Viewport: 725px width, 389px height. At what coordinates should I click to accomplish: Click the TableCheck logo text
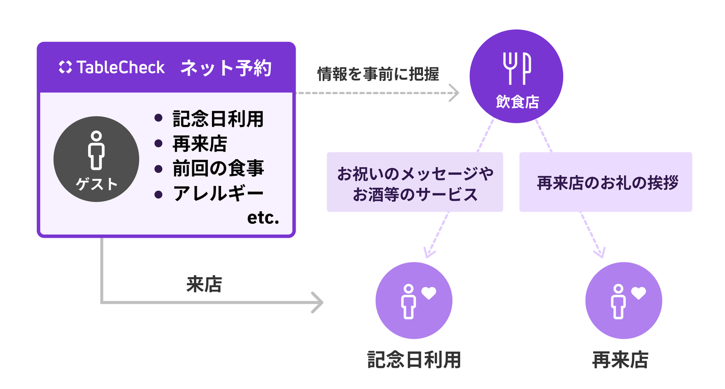point(112,68)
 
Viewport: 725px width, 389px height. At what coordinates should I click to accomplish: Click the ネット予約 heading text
point(226,68)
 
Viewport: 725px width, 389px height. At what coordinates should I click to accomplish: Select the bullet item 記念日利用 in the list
point(217,119)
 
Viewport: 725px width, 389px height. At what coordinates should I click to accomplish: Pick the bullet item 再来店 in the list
point(199,144)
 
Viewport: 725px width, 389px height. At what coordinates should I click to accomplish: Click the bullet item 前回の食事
point(217,168)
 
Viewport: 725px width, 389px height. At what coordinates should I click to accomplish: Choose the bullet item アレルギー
point(217,193)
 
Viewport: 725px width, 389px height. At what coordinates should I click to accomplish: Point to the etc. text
point(263,218)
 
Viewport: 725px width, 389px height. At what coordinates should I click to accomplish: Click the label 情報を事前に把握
point(378,75)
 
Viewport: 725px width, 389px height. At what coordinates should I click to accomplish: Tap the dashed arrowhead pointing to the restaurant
point(455,93)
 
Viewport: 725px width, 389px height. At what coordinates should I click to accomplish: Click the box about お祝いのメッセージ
point(415,182)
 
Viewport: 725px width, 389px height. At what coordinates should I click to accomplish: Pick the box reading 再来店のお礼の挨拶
point(606,182)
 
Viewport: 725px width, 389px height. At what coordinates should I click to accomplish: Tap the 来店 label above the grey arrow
point(203,285)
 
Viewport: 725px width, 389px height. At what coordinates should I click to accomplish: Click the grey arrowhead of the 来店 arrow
point(317,302)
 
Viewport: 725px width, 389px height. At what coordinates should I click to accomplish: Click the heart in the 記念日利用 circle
point(428,293)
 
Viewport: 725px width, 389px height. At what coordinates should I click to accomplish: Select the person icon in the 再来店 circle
point(618,301)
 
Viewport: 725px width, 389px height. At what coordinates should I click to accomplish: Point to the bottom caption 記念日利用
point(414,360)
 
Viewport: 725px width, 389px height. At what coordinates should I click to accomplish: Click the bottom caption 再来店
point(620,360)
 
